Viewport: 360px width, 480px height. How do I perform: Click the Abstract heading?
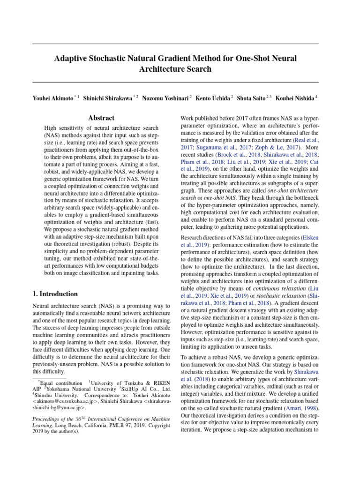[x=102, y=119]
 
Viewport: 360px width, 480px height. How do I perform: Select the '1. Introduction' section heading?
[x=55, y=294]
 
